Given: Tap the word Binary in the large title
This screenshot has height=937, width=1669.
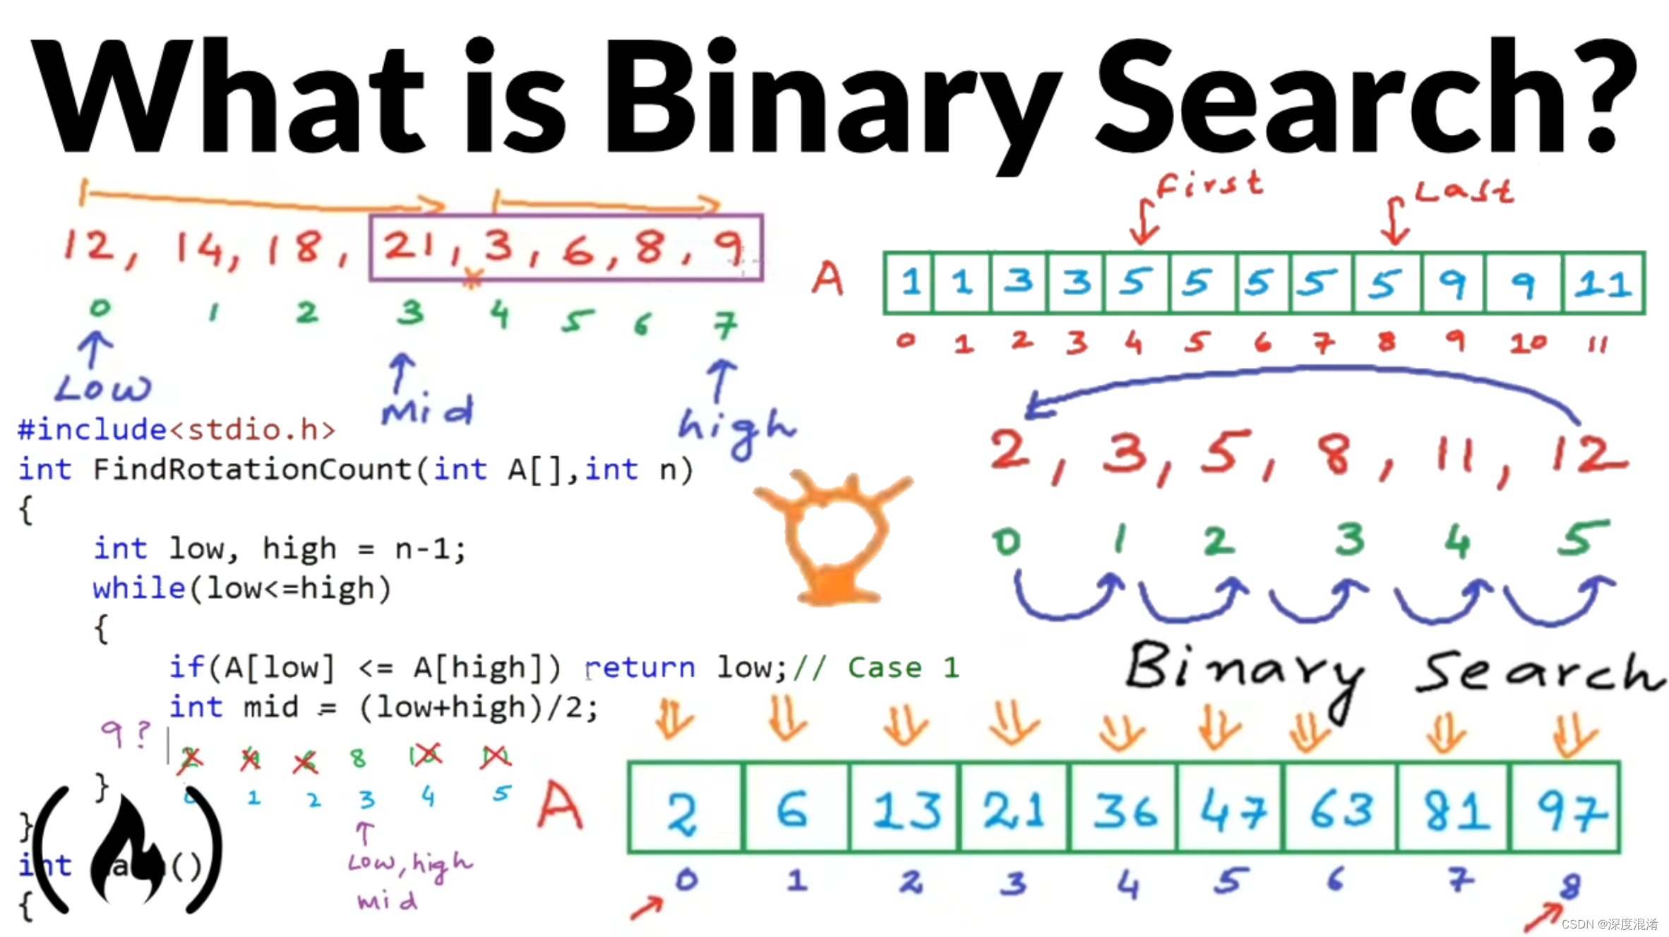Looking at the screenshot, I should [833, 99].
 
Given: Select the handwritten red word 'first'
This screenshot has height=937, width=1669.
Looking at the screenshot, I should [1209, 185].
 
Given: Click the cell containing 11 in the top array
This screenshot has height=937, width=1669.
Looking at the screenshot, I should [1603, 283].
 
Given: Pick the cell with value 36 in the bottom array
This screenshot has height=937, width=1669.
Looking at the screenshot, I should [1124, 808].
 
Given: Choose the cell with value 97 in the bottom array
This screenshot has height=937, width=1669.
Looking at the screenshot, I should [1566, 808].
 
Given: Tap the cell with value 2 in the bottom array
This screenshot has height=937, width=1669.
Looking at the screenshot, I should [683, 808].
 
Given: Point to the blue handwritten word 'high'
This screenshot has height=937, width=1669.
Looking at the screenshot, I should [736, 428].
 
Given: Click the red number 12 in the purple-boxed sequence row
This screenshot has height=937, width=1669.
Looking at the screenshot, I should [89, 246].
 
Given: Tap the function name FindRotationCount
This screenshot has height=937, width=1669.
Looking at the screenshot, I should [252, 470].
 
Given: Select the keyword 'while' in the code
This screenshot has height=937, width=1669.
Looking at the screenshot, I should [138, 588].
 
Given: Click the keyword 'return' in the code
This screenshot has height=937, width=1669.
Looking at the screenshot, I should [640, 667].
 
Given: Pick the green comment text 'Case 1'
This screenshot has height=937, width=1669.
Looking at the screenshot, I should [903, 667].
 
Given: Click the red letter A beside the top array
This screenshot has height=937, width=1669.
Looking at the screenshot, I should [827, 278].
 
